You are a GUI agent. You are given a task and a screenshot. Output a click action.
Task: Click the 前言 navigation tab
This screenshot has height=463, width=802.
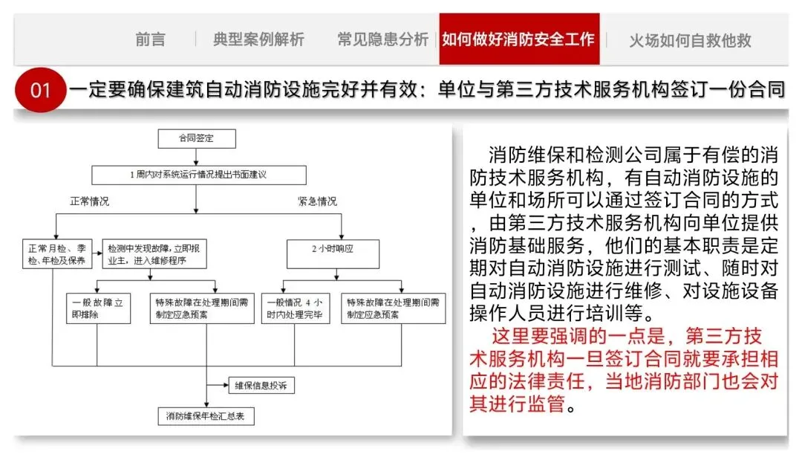150,39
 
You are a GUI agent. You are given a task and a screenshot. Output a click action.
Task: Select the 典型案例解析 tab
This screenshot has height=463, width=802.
258,39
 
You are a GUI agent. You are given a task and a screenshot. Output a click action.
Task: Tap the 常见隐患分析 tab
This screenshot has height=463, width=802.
382,39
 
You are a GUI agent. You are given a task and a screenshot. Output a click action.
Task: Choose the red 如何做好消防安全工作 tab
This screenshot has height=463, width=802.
518,39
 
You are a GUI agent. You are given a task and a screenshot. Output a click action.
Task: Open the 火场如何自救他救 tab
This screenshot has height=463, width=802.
690,40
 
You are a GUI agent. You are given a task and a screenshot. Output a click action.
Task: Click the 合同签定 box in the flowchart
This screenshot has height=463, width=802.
196,138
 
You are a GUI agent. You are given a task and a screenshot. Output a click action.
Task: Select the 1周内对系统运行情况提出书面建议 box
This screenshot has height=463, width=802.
198,175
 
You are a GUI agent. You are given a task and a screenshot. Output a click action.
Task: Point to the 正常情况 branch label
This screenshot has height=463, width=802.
90,201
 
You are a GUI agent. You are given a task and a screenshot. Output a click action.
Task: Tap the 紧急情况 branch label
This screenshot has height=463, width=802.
317,201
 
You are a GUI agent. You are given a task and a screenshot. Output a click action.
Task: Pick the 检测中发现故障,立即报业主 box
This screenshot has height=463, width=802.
154,254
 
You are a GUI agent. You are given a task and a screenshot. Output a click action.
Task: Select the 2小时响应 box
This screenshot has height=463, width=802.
333,253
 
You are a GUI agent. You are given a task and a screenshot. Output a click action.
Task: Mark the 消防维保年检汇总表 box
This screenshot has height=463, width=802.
206,415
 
